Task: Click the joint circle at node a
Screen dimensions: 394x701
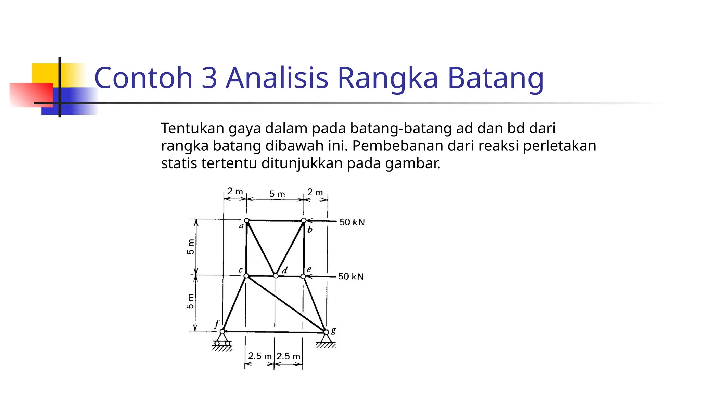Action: (x=246, y=220)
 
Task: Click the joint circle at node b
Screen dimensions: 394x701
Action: (x=304, y=221)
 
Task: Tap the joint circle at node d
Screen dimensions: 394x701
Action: (x=276, y=276)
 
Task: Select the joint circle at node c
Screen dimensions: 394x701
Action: (x=246, y=276)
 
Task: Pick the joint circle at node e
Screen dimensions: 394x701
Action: (x=303, y=276)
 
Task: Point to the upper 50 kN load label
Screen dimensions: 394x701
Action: (x=352, y=222)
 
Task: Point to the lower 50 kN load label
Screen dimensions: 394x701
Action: (x=351, y=277)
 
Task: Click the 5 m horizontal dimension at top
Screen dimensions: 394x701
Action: (x=277, y=194)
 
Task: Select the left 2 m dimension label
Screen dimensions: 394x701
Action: (x=235, y=192)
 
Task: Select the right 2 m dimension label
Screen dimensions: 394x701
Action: (x=315, y=192)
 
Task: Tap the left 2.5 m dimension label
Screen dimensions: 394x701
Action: (x=259, y=356)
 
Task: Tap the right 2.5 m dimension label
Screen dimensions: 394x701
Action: (x=288, y=356)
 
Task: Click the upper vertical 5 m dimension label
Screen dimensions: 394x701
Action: (x=190, y=247)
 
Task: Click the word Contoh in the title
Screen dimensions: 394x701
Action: (x=143, y=78)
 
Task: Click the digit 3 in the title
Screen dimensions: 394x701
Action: (x=209, y=78)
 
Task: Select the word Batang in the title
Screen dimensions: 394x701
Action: (x=495, y=78)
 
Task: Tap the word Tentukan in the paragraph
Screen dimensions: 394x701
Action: (x=192, y=128)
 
